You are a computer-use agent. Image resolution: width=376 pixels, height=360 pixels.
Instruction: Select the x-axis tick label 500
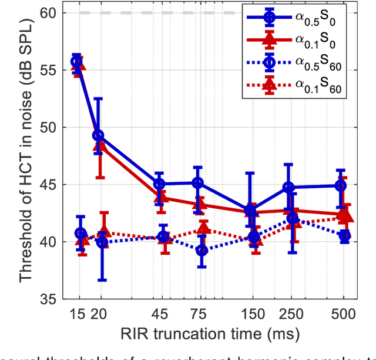pyautogui.click(x=344, y=313)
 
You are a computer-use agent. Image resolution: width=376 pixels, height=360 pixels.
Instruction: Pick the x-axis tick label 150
pyautogui.click(x=253, y=313)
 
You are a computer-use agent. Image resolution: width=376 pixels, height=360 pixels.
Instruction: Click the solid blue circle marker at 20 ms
pyautogui.click(x=99, y=136)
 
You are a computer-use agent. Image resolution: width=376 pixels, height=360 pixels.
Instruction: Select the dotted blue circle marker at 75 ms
pyautogui.click(x=202, y=250)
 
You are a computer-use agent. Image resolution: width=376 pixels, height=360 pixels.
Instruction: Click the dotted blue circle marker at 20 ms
pyautogui.click(x=102, y=242)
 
